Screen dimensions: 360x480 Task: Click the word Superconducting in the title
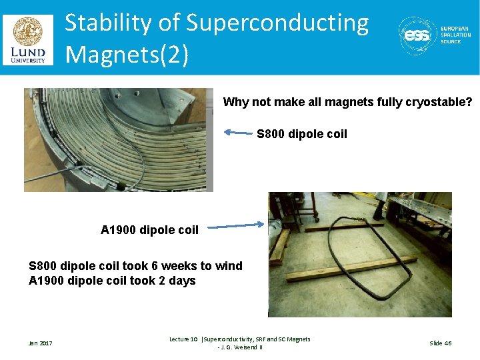point(277,23)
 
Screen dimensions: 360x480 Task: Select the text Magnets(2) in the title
point(127,53)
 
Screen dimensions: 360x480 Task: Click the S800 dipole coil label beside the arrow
point(302,134)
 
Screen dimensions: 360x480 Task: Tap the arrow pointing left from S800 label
point(238,133)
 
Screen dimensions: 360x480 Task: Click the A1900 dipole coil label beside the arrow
point(149,230)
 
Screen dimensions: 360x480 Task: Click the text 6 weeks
point(164,266)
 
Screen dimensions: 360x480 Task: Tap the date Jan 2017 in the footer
point(40,343)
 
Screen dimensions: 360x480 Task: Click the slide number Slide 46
point(440,343)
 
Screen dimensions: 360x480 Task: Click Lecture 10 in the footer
point(183,339)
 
